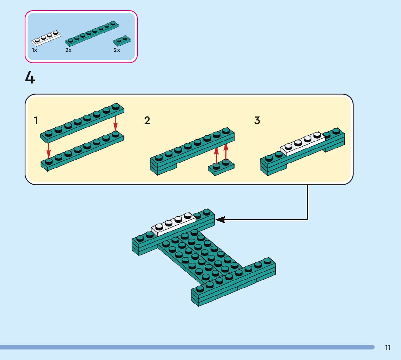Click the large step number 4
coord(30,78)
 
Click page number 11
coord(388,348)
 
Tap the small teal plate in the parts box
coord(122,40)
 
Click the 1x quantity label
coord(34,50)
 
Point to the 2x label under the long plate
coord(69,50)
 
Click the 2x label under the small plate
coord(116,50)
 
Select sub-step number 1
coord(36,120)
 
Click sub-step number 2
coord(147,120)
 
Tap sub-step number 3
coord(257,120)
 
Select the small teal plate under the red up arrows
coord(221,168)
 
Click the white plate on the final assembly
coord(173,224)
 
